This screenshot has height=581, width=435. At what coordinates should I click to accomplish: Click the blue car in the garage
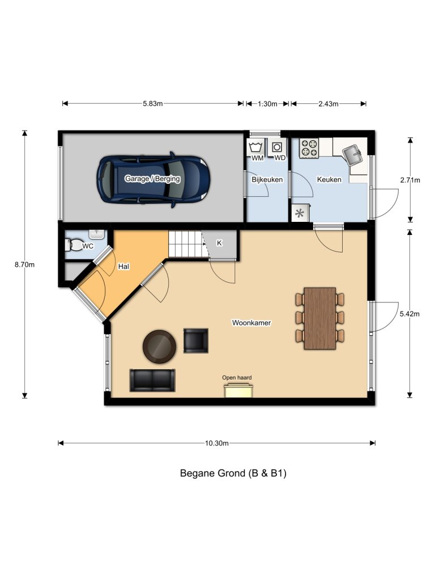tap(153, 179)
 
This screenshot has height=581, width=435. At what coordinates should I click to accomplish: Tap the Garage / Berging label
tap(152, 179)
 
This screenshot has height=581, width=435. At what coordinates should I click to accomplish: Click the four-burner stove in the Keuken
tap(309, 149)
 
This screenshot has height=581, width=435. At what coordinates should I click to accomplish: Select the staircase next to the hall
tap(184, 244)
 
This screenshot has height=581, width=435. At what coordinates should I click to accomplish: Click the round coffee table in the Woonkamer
tap(159, 346)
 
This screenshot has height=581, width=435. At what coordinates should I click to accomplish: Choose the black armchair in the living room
tap(195, 340)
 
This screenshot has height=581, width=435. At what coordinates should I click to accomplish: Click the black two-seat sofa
tap(152, 380)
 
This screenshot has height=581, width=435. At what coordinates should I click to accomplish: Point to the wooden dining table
tap(320, 318)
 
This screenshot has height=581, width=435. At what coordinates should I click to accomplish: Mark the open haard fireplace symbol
tap(238, 390)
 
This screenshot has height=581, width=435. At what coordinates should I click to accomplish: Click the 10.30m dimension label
tap(217, 443)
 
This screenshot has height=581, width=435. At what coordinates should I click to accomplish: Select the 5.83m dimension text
tap(152, 104)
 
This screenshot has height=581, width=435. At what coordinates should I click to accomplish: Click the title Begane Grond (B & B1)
tap(233, 473)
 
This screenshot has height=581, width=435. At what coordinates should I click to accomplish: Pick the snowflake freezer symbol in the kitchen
tap(300, 213)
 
